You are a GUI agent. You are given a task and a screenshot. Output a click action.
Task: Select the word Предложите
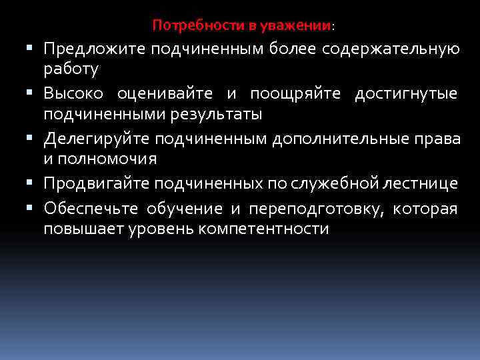[95, 49]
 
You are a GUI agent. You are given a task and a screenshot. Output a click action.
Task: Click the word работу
[71, 69]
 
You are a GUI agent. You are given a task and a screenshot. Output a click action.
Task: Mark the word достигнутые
[406, 94]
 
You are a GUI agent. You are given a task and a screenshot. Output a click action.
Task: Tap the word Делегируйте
[97, 139]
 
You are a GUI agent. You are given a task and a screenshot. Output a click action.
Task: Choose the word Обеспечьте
[91, 209]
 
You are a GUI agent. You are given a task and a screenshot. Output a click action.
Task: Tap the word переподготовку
[317, 209]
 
